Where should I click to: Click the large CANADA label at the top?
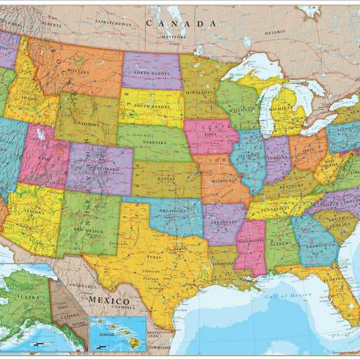tap(181, 24)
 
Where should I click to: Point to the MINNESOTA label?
tap(201, 92)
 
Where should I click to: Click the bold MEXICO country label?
tap(109, 300)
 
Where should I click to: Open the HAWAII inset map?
tap(117, 334)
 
